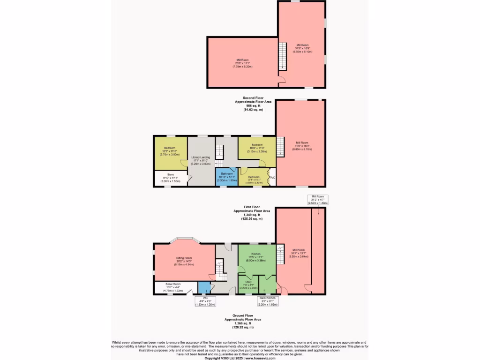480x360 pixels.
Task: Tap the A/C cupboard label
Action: point(272,178)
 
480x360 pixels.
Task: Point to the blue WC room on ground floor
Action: point(204,287)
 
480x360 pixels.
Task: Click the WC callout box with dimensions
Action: point(205,302)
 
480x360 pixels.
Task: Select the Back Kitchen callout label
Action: point(268,301)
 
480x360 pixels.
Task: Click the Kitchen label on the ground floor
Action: point(255,254)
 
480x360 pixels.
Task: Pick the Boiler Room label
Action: point(173,284)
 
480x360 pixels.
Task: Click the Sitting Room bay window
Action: point(184,240)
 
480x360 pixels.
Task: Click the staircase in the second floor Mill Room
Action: point(282,56)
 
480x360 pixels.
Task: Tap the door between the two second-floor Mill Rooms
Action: point(282,79)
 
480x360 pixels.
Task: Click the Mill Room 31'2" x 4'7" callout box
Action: point(317,200)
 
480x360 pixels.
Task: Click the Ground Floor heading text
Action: point(243,315)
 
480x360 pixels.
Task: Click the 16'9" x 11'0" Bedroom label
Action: point(256,148)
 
